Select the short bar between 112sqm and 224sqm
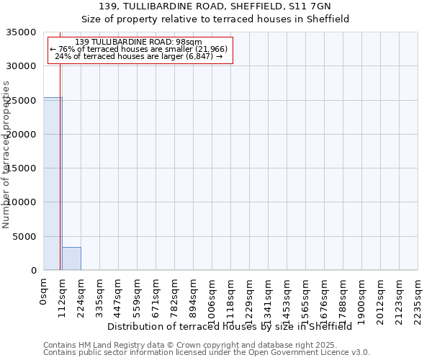tap(71, 258)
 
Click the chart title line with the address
tap(216, 6)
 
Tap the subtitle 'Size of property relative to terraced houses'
tap(216, 19)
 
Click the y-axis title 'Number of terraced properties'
tap(7, 154)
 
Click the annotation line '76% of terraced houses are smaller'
tap(139, 49)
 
